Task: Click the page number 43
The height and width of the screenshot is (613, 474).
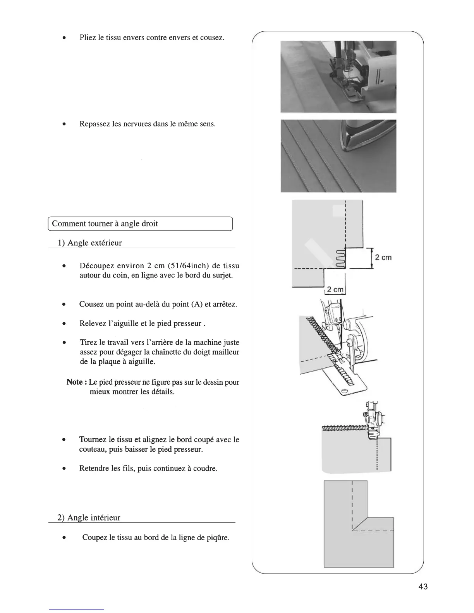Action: click(423, 587)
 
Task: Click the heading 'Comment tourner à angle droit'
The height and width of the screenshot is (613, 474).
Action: click(105, 224)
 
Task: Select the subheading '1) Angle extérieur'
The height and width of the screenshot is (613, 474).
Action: click(90, 243)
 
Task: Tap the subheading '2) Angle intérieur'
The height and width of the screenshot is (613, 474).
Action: click(89, 518)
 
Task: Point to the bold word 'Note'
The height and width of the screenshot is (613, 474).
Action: click(74, 382)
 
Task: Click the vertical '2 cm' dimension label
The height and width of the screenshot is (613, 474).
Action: click(383, 258)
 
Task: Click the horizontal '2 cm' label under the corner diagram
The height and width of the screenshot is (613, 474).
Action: click(335, 289)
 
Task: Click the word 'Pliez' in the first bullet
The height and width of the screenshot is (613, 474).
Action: click(88, 38)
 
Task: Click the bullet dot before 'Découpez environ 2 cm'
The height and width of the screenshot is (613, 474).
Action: click(64, 266)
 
